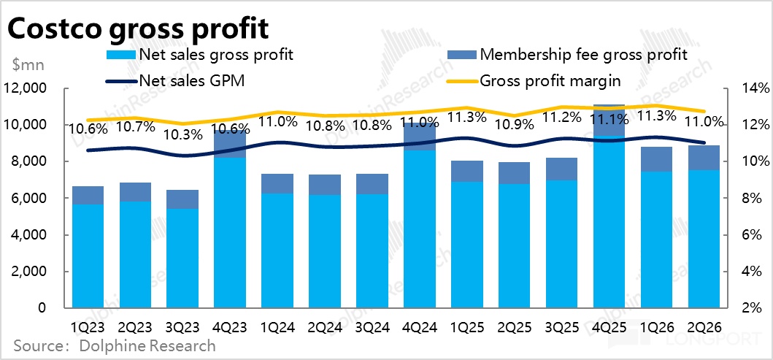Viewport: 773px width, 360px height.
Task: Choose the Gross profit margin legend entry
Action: (x=550, y=80)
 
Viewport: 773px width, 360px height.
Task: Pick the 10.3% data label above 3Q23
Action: (x=182, y=135)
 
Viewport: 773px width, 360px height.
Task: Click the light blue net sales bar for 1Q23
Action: (x=88, y=256)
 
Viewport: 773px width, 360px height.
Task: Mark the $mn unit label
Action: (x=28, y=64)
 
